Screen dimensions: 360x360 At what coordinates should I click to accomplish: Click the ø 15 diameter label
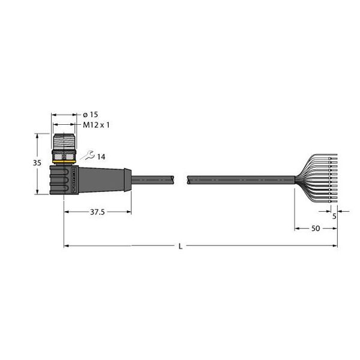(89, 115)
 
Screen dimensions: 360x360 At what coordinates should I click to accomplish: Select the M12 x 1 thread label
(97, 125)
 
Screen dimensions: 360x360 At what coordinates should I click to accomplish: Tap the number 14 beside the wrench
(100, 157)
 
